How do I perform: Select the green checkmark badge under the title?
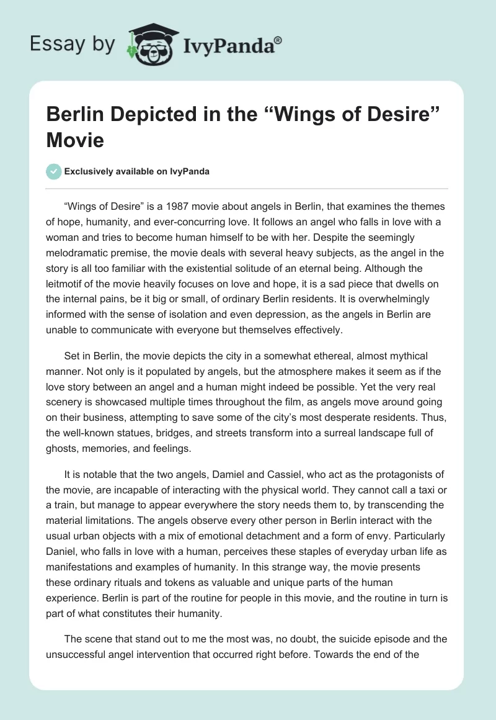pos(54,171)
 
